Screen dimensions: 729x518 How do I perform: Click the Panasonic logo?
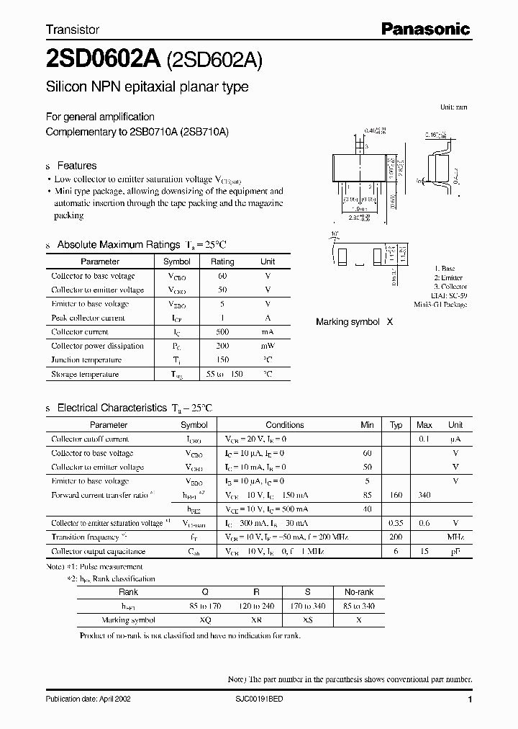click(x=424, y=29)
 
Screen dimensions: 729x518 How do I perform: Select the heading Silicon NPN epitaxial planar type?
click(x=147, y=87)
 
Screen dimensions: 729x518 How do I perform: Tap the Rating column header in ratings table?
click(x=222, y=261)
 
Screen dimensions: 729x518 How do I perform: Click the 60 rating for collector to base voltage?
click(x=222, y=276)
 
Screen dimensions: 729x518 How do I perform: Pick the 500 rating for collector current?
click(x=222, y=332)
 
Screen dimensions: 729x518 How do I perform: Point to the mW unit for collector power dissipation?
click(x=267, y=346)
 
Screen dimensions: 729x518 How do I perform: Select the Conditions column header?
click(x=285, y=425)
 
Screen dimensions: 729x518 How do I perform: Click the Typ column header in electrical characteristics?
click(x=396, y=425)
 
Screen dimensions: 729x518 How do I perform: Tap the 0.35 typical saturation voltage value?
click(x=396, y=523)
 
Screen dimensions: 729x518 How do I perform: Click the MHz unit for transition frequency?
click(x=455, y=537)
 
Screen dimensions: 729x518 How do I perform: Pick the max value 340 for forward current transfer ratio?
click(x=424, y=495)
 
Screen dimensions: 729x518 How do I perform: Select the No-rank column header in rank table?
click(x=358, y=591)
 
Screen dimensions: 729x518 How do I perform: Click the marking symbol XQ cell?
click(x=204, y=620)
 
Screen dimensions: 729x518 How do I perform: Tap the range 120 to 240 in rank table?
click(x=255, y=606)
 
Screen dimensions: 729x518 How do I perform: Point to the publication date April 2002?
click(x=88, y=699)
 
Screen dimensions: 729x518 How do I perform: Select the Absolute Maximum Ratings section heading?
click(x=118, y=245)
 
